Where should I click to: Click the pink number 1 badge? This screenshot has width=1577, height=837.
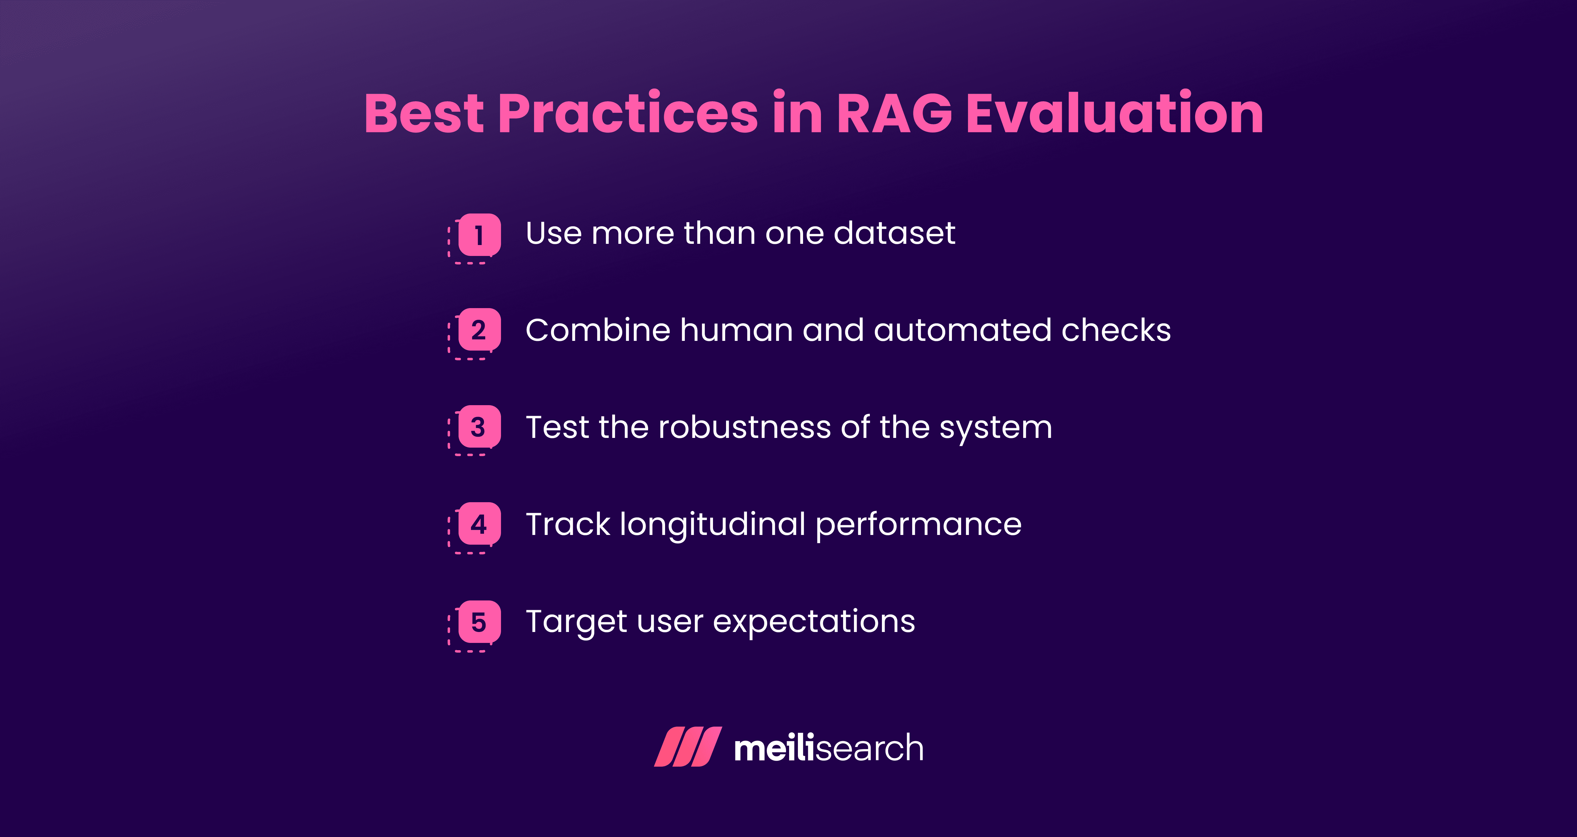(479, 234)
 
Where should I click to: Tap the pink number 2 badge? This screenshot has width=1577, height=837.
(479, 330)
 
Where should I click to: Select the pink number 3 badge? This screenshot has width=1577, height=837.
(479, 427)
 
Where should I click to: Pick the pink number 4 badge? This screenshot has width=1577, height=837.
(479, 524)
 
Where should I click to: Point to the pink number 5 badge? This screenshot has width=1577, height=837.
(479, 622)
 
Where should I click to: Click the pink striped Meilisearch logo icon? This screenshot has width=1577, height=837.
(688, 747)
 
